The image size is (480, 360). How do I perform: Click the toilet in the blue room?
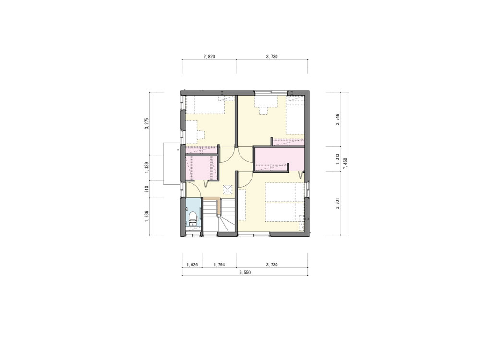(192, 218)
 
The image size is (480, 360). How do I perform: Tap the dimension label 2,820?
(209, 56)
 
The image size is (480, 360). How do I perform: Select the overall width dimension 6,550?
(245, 272)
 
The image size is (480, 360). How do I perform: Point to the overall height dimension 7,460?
(345, 164)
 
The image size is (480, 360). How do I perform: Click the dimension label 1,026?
(192, 264)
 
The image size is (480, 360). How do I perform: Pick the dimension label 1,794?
(219, 264)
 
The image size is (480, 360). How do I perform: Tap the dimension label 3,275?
(146, 123)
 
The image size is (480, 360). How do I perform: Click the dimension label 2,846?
(337, 120)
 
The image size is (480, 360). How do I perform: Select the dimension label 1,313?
(337, 159)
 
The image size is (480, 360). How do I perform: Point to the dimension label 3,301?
(337, 204)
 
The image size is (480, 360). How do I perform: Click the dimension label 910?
(146, 189)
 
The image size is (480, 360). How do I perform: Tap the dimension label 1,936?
(146, 216)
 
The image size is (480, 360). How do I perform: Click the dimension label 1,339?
(146, 168)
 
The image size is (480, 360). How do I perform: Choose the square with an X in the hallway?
(228, 190)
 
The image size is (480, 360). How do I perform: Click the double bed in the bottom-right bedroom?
(285, 203)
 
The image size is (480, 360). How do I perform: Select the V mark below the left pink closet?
(206, 184)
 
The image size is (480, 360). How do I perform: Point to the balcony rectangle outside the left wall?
(172, 164)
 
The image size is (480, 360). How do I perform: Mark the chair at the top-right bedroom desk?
(263, 110)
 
